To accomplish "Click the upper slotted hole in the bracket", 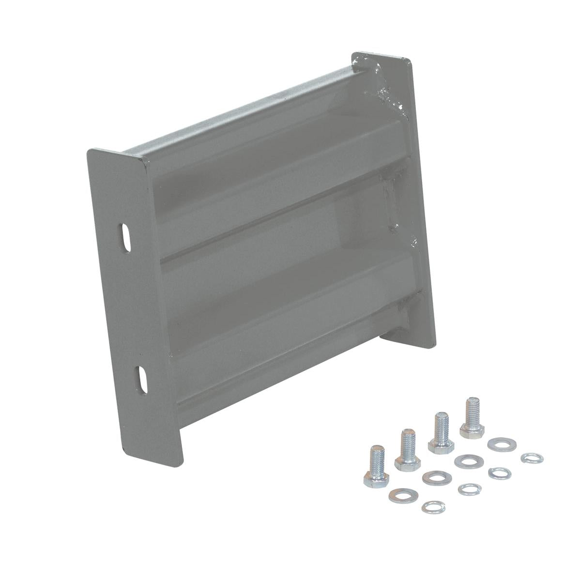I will pos(125,237).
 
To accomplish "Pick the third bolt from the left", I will pos(440,433).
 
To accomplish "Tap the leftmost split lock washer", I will pos(430,506).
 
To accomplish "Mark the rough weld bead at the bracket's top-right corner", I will pos(387,94).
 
